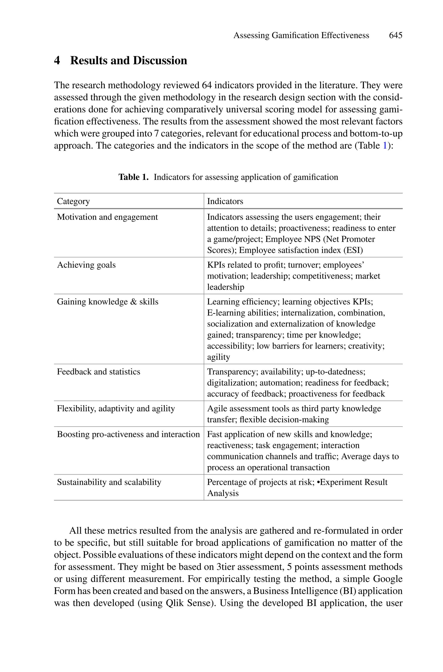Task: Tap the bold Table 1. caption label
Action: tap(133, 177)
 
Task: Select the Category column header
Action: tap(74, 201)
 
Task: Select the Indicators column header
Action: tap(225, 201)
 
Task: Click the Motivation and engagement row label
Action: tap(107, 217)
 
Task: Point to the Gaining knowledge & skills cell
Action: tap(108, 302)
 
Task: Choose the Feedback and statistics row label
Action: tap(98, 372)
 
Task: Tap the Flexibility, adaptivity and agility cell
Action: tap(116, 409)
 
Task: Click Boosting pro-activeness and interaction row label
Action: tap(128, 434)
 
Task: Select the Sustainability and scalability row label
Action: tap(109, 482)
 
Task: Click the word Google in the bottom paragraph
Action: tap(388, 579)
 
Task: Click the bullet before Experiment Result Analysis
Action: tap(318, 482)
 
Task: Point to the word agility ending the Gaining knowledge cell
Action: tap(218, 357)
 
